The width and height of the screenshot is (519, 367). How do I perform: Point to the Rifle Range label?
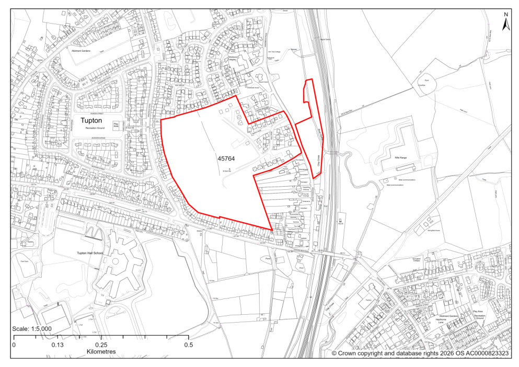pos(397,157)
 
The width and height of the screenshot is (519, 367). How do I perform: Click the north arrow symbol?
pos(505,24)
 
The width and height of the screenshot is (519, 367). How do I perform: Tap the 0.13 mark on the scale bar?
pos(57,345)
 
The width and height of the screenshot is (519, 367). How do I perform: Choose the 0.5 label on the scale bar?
pos(188,345)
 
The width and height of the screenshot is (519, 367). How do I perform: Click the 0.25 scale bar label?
pos(101,345)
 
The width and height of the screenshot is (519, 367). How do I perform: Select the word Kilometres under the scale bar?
pos(101,351)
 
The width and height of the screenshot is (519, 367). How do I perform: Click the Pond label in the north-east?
pos(426,81)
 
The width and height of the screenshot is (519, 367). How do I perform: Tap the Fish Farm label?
pos(24,260)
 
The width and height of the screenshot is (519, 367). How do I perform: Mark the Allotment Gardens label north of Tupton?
pos(79,51)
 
